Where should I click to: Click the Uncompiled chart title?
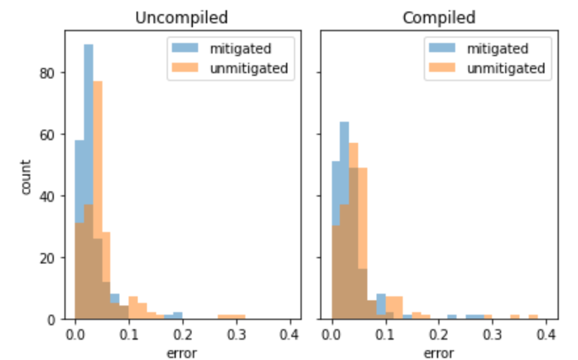181,17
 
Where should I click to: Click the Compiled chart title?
439,17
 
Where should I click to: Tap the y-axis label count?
26,177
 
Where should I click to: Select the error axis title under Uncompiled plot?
181,353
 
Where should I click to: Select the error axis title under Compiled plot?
439,353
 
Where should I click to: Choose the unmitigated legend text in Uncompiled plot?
248,68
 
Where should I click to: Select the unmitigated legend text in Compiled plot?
505,68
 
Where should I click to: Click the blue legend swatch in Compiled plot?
443,48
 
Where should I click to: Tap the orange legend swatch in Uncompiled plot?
186,68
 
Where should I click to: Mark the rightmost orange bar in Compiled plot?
533,317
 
